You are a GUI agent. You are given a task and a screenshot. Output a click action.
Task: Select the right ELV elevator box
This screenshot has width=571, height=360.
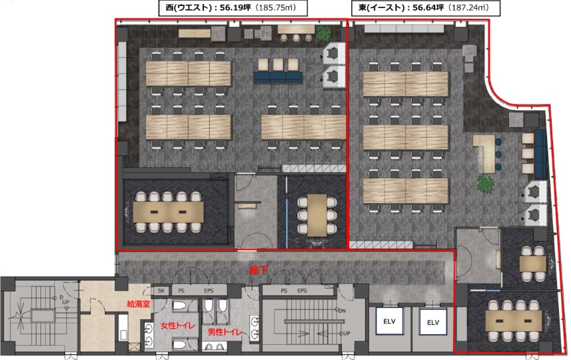(433, 323)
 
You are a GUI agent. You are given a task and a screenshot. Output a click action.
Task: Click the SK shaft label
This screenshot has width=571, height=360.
(161, 291)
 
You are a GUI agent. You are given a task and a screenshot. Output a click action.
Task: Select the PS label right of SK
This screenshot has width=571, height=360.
(180, 291)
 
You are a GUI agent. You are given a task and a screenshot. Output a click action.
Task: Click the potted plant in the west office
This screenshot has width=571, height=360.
(324, 33)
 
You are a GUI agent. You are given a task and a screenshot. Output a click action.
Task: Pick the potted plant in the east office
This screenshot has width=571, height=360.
(485, 183)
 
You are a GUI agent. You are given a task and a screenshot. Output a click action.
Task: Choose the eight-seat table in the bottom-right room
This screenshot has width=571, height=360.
(512, 319)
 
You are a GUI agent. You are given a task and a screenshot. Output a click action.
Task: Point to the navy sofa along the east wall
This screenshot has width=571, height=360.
(540, 149)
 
